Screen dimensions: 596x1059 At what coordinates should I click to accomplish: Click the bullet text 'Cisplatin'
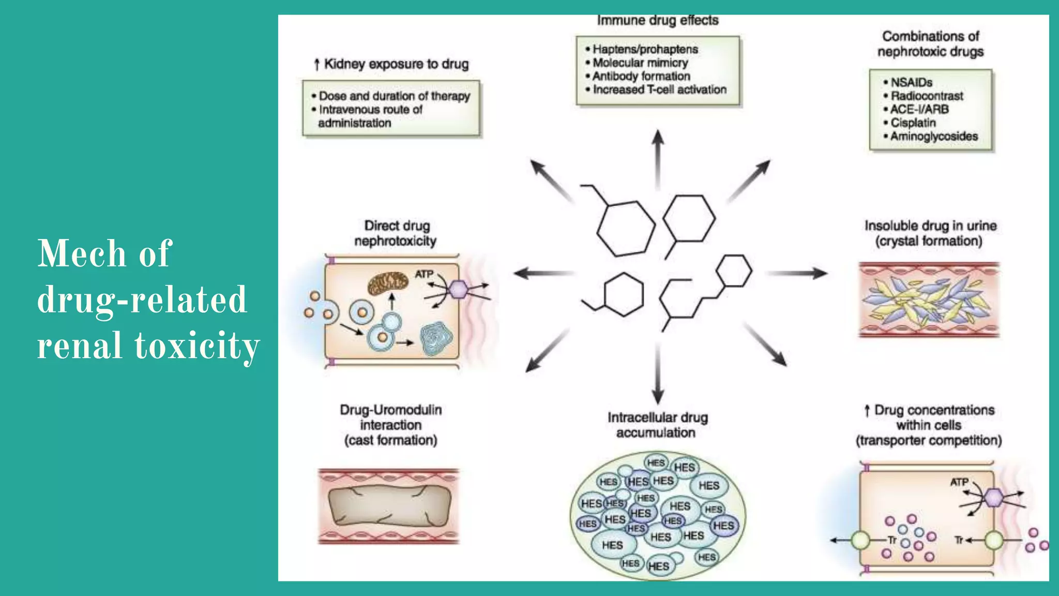point(913,123)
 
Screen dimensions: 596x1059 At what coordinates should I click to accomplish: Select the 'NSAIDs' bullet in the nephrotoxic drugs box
point(911,83)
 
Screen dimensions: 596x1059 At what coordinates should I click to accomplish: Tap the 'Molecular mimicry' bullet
point(640,63)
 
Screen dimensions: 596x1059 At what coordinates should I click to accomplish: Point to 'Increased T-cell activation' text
point(659,90)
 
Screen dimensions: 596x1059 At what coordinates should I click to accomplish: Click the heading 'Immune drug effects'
point(658,21)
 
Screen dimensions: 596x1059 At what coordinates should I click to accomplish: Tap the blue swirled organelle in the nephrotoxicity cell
point(436,339)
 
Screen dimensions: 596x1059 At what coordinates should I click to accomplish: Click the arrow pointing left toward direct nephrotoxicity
point(543,273)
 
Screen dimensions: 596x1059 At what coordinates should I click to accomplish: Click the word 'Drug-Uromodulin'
point(391,410)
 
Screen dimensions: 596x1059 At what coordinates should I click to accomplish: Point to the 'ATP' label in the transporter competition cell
point(959,482)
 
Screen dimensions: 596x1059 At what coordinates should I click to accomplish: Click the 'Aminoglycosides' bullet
point(934,137)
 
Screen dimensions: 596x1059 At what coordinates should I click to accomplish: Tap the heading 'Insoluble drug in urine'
point(930,226)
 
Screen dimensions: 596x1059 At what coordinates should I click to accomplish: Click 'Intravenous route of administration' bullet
point(370,116)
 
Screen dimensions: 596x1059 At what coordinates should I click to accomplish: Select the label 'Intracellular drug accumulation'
point(657,425)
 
